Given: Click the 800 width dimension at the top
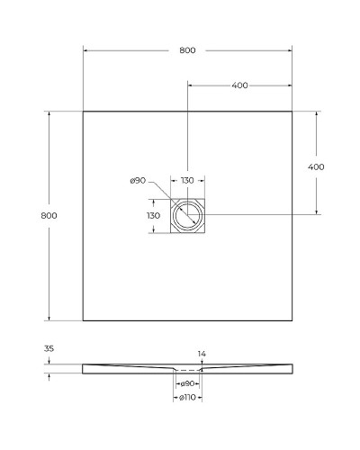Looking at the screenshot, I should [187, 50].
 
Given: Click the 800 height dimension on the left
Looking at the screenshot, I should [49, 215].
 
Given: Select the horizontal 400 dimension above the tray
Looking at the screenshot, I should [239, 85].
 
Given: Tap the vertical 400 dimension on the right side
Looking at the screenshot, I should [316, 166].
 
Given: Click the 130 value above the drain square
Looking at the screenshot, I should [187, 181].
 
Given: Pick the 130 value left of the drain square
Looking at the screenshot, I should [153, 215].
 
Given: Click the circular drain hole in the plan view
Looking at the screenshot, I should [188, 216].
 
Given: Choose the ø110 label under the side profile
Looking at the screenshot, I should [188, 397].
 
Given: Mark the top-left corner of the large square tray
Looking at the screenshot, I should [83, 112].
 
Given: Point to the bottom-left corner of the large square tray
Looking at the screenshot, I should [83, 320].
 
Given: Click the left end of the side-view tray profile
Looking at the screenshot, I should [83, 368].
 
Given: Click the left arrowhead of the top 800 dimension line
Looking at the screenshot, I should [85, 50].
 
